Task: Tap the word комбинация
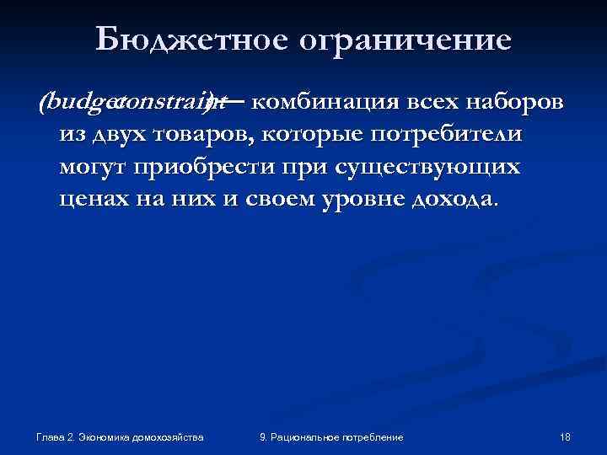(325, 103)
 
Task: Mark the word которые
(303, 136)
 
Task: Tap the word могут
(95, 168)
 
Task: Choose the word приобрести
(220, 168)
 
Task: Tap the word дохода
(454, 201)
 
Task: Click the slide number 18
(565, 437)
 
